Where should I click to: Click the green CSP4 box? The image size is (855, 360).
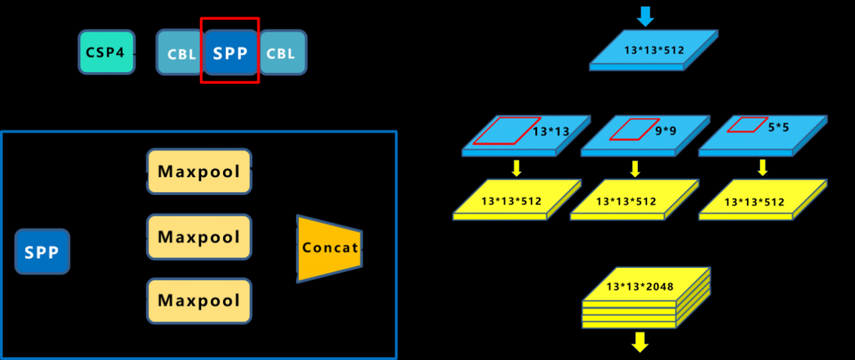click(106, 52)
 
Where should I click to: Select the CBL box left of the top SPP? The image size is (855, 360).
click(179, 53)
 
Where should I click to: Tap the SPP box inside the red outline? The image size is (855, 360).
click(230, 53)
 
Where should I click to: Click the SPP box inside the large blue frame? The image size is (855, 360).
click(42, 252)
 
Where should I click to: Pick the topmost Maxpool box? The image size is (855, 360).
click(199, 172)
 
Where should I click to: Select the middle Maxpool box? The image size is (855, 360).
click(199, 237)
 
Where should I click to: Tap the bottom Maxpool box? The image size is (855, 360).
click(199, 301)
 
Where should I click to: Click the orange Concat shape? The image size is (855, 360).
click(329, 248)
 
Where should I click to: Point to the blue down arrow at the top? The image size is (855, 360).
click(645, 15)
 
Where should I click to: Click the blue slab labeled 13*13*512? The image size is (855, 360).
click(654, 49)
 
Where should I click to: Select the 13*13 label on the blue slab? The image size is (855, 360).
click(551, 132)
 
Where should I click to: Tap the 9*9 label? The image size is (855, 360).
click(665, 131)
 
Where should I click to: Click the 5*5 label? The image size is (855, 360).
click(778, 126)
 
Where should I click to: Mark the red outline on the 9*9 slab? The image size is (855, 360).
click(625, 130)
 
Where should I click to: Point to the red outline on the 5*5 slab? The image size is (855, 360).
click(747, 125)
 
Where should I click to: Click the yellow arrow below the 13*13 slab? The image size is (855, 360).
click(516, 168)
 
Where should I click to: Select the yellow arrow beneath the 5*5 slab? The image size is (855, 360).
click(762, 168)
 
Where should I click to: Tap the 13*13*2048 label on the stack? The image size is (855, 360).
click(640, 287)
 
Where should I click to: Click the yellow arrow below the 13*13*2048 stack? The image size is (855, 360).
click(640, 341)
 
